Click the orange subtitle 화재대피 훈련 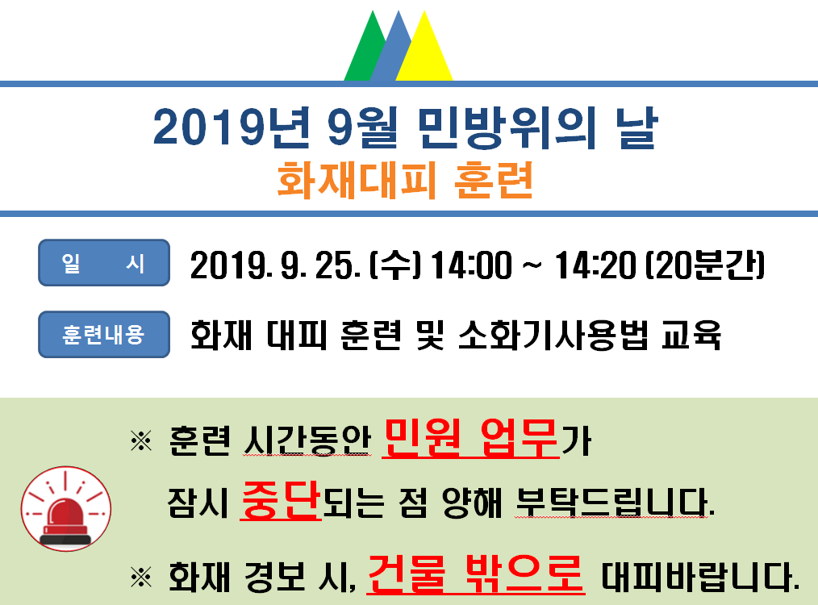405,180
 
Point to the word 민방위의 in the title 507,127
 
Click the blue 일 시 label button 104,262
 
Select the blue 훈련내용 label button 104,334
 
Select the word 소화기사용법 553,335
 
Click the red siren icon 66,508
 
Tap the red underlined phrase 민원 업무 470,438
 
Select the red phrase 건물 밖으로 476,574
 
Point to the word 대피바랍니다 700,576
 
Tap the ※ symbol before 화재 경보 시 141,578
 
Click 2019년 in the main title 231,127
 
